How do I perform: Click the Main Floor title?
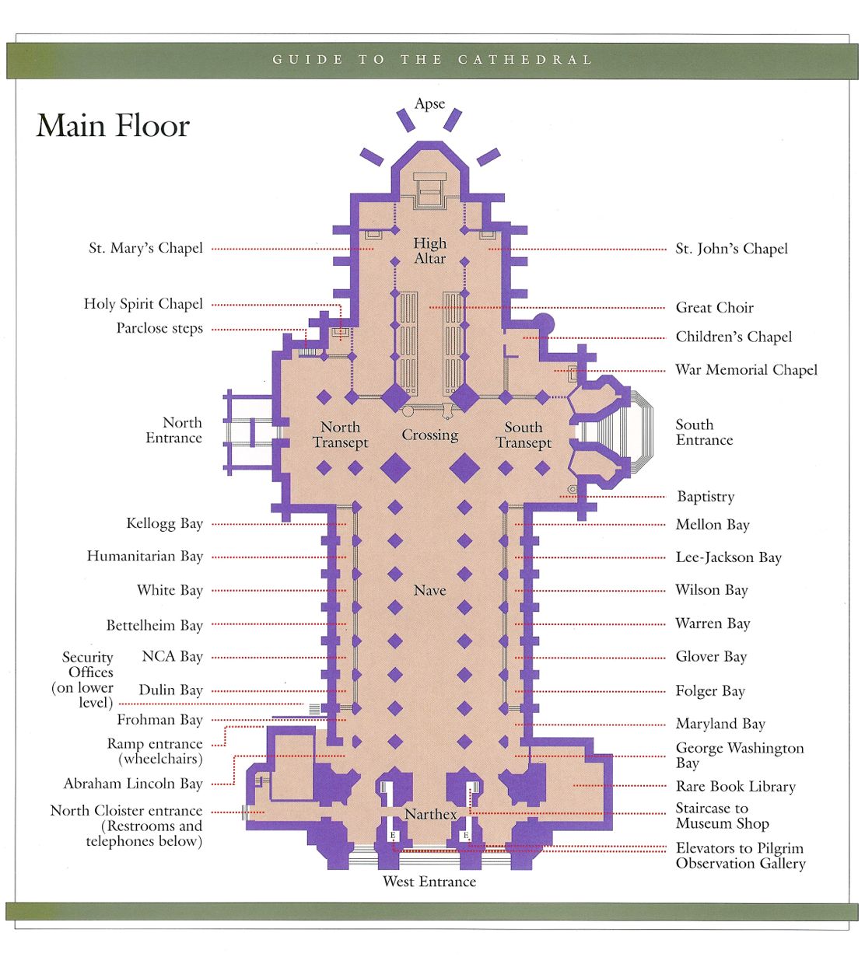(x=113, y=126)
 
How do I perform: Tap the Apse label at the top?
(x=429, y=103)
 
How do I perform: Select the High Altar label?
(x=429, y=250)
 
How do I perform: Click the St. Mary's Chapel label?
(x=145, y=248)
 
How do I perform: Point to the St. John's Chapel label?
(x=731, y=249)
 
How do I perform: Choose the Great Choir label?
(x=714, y=307)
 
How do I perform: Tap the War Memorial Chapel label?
(x=746, y=370)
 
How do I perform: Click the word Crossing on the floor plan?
(x=429, y=435)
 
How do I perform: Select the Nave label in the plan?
(x=429, y=590)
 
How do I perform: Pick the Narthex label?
(x=430, y=814)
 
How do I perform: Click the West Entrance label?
(x=429, y=882)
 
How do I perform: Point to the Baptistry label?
(x=705, y=496)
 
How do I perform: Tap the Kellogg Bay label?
(x=164, y=523)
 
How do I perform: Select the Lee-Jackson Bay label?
(x=728, y=557)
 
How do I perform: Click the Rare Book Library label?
(x=735, y=786)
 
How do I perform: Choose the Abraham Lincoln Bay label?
(x=133, y=784)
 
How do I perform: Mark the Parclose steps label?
(x=159, y=328)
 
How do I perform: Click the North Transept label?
(x=340, y=435)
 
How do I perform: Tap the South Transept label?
(x=523, y=435)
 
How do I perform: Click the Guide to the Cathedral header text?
(x=432, y=60)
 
